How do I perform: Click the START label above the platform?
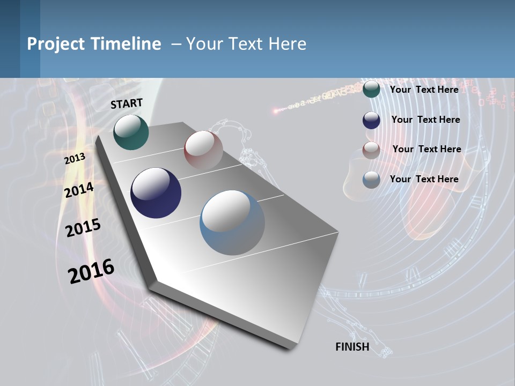click(x=127, y=103)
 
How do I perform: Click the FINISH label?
click(x=352, y=347)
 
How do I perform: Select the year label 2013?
click(x=75, y=159)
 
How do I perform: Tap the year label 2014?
click(x=79, y=190)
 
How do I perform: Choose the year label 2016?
click(x=91, y=271)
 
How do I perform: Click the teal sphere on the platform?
click(x=131, y=132)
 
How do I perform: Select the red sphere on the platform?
click(x=203, y=150)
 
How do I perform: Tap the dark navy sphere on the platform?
click(x=156, y=193)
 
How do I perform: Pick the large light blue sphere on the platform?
click(x=232, y=222)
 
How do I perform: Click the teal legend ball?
click(x=371, y=89)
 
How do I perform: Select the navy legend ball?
click(x=371, y=120)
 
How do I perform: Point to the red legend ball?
click(x=371, y=150)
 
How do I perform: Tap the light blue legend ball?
click(x=371, y=180)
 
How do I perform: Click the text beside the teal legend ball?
click(x=424, y=90)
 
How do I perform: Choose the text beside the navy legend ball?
click(x=426, y=120)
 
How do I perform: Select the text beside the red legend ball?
click(x=427, y=149)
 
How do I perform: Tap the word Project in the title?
click(x=56, y=44)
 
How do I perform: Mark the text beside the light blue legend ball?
click(x=424, y=179)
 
